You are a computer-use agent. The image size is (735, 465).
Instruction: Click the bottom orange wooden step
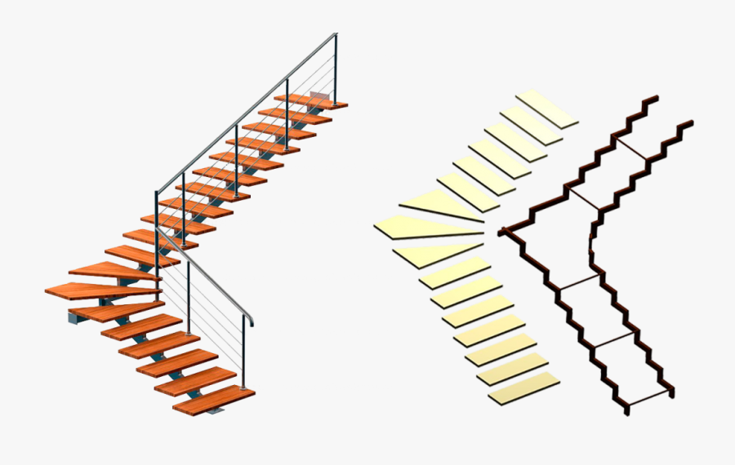coord(216,400)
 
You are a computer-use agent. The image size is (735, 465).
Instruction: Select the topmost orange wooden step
coord(310,101)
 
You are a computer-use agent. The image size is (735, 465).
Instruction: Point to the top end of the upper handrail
coord(334,36)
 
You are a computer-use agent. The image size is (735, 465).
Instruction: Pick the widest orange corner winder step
coord(103,290)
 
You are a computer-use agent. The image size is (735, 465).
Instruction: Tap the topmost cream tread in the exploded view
coord(546,108)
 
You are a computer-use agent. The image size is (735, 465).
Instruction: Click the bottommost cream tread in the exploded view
coord(524,388)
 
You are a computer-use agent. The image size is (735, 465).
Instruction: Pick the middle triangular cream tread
coord(425,229)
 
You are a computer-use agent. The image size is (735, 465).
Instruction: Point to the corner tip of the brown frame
coord(501,232)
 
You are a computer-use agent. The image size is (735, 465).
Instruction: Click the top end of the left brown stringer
coord(653,99)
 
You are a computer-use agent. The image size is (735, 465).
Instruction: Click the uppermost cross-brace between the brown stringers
coord(632,147)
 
